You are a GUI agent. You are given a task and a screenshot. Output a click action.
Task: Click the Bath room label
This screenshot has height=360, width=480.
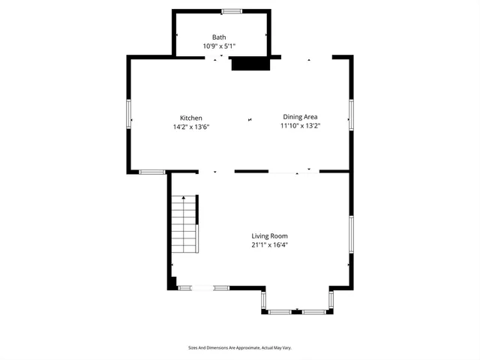(x=219, y=37)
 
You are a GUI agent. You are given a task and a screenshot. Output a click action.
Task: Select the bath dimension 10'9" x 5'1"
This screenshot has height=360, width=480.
(x=219, y=46)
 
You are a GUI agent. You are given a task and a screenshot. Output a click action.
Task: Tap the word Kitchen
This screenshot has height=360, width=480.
(x=190, y=118)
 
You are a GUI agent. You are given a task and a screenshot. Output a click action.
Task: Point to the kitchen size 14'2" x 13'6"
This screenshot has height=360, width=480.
(x=190, y=127)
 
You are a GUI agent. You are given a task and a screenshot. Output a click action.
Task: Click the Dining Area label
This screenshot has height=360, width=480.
(x=300, y=116)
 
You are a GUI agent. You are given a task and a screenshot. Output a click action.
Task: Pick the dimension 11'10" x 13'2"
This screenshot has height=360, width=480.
(x=300, y=126)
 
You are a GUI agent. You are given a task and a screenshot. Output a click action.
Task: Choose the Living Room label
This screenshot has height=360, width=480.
(x=269, y=235)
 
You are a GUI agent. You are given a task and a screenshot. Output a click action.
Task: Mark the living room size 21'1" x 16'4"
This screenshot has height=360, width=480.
(x=269, y=244)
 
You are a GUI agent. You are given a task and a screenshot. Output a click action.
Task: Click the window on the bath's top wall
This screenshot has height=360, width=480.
(x=232, y=10)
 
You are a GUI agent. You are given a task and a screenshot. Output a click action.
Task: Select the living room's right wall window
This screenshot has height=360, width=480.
(x=350, y=233)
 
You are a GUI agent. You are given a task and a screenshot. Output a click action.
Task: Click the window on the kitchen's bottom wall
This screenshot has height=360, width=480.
(x=152, y=172)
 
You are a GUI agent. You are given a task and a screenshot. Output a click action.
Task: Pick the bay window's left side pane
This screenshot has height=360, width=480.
(x=262, y=300)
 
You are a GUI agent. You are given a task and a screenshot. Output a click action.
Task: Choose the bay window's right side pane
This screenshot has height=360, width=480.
(x=331, y=300)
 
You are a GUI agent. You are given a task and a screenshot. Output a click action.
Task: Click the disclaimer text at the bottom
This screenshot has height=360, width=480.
(x=239, y=348)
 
